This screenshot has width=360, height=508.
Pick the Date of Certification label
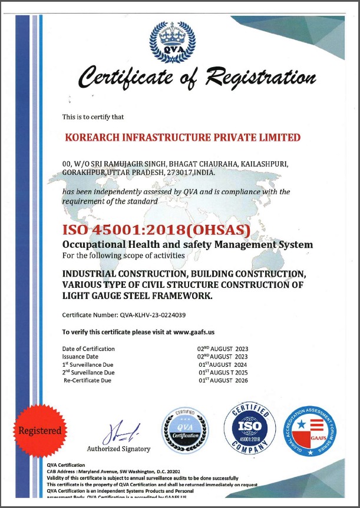(88, 349)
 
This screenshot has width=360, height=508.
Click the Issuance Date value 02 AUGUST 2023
(222, 357)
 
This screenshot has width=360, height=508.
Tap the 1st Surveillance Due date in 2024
(223, 364)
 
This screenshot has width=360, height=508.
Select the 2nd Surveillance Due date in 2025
(223, 373)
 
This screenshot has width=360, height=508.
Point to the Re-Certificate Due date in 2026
(223, 380)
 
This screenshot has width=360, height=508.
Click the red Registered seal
(39, 430)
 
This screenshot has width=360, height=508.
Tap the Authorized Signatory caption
(118, 449)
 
